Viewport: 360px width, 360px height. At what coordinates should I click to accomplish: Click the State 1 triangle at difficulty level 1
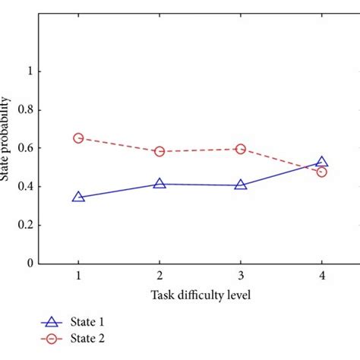pos(78,197)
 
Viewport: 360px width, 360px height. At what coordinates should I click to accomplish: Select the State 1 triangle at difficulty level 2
pos(159,184)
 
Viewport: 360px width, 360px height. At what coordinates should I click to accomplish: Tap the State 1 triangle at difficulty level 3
pos(241,185)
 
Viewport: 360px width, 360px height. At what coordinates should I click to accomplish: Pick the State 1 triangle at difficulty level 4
pos(321,162)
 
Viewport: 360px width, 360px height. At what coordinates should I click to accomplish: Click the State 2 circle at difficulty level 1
pos(78,138)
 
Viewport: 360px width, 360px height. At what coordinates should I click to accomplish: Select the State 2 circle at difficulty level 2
pos(159,151)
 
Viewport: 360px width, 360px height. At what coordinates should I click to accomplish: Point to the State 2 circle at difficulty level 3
pos(241,149)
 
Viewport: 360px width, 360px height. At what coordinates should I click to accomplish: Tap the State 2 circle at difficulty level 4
pos(321,172)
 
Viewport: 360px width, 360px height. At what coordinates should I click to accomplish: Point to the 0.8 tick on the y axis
pos(25,109)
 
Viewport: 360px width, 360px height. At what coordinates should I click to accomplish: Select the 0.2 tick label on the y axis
pos(25,226)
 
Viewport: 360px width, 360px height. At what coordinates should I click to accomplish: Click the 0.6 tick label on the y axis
pos(25,148)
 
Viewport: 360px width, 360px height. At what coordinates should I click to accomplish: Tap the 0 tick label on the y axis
pos(30,264)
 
